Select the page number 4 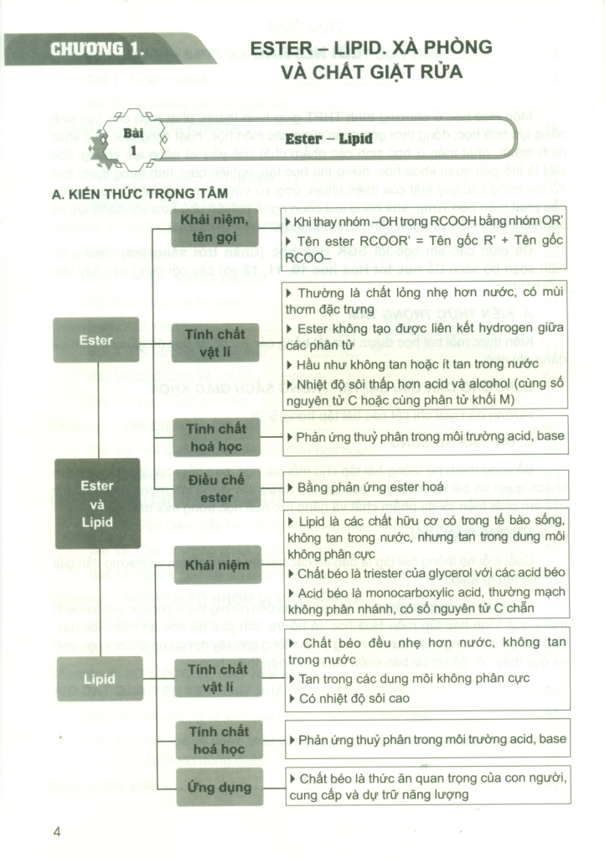(x=57, y=831)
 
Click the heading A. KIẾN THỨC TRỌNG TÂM (x=128, y=195)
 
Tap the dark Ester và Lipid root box (x=97, y=503)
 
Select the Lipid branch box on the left (x=99, y=679)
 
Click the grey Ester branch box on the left (x=96, y=340)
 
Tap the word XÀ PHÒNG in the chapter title (x=445, y=47)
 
